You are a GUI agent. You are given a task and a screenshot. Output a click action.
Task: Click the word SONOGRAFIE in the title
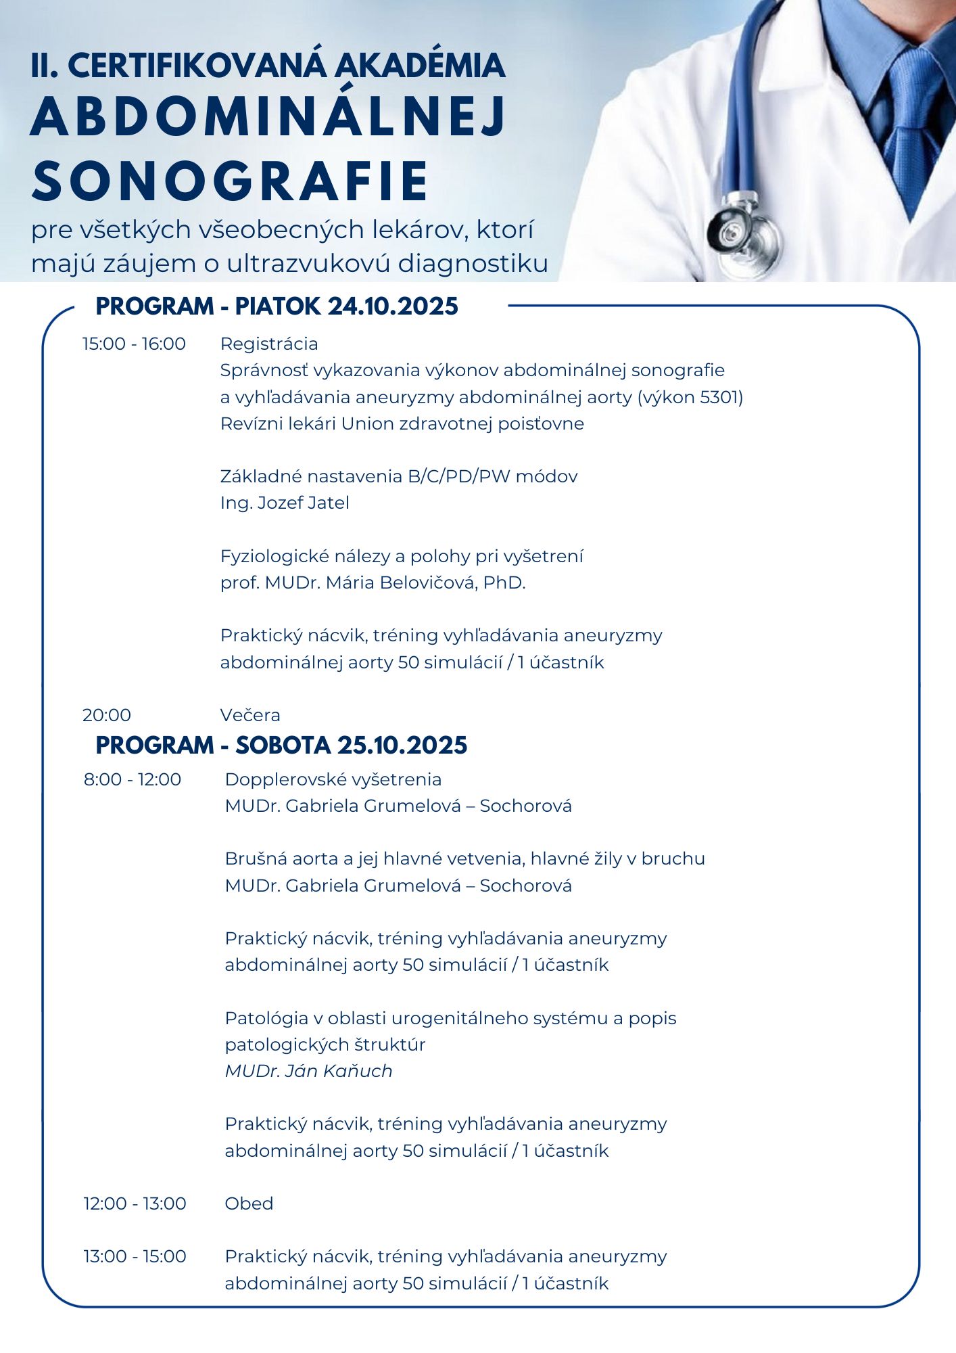(x=230, y=181)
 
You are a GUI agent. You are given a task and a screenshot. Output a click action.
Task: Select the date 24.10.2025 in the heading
(x=393, y=306)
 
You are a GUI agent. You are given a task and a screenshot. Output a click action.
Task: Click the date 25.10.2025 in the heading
(x=402, y=746)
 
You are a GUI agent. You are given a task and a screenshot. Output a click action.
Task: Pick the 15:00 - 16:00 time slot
(x=134, y=344)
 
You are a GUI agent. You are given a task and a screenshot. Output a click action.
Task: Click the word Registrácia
(x=269, y=344)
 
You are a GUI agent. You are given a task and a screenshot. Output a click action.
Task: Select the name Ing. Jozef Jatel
(x=285, y=503)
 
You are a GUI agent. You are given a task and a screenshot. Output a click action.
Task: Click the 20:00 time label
(x=107, y=715)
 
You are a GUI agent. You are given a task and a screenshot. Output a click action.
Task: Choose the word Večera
(x=250, y=715)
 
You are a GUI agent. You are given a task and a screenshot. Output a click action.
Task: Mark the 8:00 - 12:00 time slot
(x=133, y=779)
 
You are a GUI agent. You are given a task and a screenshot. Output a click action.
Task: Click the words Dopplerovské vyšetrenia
(x=333, y=779)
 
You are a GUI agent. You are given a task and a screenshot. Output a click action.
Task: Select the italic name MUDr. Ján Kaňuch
(x=308, y=1071)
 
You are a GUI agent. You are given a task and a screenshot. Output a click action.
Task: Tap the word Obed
(x=249, y=1203)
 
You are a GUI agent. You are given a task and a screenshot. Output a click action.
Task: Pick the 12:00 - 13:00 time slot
(x=135, y=1203)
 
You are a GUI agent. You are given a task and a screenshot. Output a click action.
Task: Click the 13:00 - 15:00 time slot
(x=135, y=1256)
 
